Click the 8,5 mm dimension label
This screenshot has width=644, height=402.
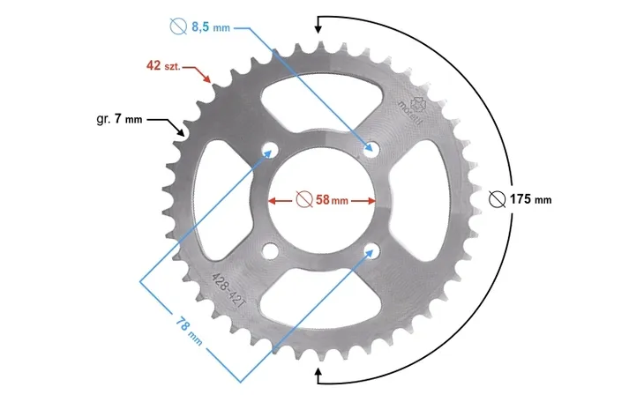pos(211,27)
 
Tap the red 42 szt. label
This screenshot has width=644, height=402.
pos(163,65)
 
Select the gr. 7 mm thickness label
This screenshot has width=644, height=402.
pos(119,119)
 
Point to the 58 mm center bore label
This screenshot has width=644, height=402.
pos(332,200)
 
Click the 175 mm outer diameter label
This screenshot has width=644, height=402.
pos(531,199)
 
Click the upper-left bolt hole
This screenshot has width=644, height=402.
pos(269,150)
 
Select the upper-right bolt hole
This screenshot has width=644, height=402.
pos(371,148)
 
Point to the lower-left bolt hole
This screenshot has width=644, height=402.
pos(270,251)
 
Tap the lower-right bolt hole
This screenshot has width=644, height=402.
pos(372,250)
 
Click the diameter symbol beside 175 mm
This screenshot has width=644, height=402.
pos(497,199)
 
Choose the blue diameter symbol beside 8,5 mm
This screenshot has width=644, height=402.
pos(178,26)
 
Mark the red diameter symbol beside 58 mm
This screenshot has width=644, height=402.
pos(304,199)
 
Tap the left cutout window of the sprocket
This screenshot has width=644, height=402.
pos(222,200)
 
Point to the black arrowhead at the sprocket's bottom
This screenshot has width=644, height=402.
pos(318,372)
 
